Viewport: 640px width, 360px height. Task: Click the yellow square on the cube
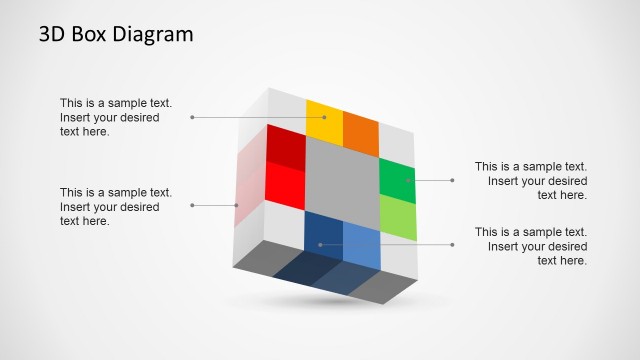tap(324, 121)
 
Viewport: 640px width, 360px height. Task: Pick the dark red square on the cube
tap(285, 146)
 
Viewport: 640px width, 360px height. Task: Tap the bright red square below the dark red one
tap(285, 184)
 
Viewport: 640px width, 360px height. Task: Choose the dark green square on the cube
tap(397, 180)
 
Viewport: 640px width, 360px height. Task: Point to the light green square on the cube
tap(397, 217)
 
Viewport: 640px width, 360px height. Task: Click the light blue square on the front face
tap(361, 244)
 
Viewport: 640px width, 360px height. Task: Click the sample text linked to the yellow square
tap(116, 117)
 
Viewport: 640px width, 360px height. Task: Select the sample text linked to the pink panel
tap(116, 206)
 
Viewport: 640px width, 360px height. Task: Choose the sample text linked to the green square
tap(531, 181)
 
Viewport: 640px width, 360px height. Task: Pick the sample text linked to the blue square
tap(531, 246)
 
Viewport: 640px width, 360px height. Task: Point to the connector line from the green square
tap(433, 180)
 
